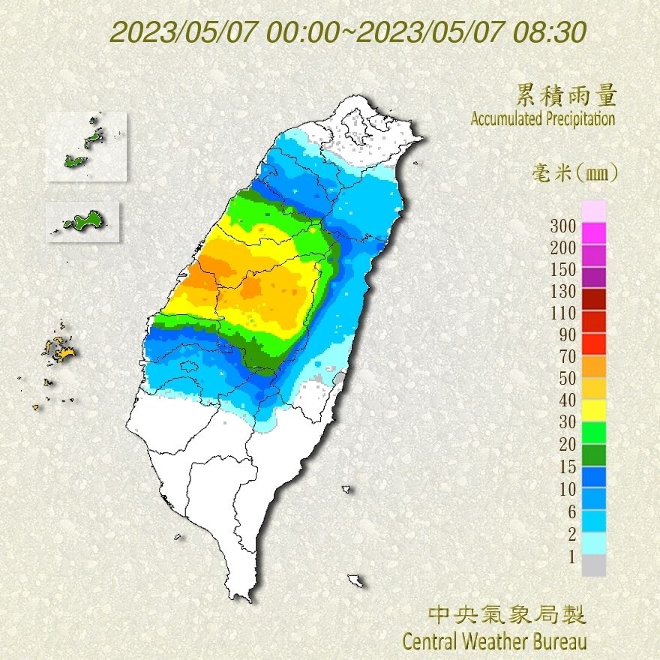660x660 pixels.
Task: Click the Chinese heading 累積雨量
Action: click(566, 95)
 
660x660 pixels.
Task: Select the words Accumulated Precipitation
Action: click(542, 118)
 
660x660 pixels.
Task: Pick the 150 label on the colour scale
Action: click(562, 270)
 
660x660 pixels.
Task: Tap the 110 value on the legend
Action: click(562, 313)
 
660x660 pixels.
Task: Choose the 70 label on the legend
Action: click(565, 357)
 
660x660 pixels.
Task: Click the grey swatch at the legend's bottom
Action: click(593, 565)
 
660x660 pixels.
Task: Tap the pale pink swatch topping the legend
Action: click(593, 211)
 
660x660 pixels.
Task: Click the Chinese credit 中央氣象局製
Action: click(507, 616)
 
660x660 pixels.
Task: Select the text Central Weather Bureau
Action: click(494, 641)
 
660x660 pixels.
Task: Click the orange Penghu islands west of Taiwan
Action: click(60, 349)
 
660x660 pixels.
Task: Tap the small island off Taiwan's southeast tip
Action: click(355, 580)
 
